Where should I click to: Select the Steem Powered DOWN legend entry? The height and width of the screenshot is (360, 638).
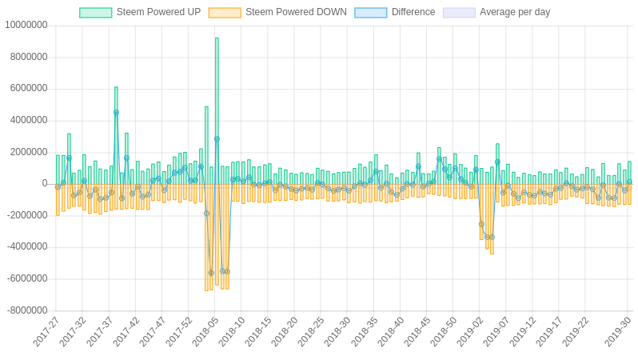tap(277, 12)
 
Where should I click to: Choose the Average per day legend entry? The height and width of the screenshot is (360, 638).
tap(496, 12)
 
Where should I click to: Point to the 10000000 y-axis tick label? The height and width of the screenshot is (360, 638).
tap(26, 25)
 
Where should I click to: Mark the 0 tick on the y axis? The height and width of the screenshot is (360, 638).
tap(45, 183)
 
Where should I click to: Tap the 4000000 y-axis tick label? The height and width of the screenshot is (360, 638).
tap(29, 120)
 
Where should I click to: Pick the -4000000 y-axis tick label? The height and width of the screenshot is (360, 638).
tap(28, 246)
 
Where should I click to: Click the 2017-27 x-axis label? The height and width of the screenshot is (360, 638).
tap(47, 332)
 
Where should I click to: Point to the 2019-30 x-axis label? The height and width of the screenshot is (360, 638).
tap(618, 332)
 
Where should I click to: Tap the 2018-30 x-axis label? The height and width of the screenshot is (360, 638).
tap(338, 332)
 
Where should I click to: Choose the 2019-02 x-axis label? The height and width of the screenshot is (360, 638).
tap(470, 332)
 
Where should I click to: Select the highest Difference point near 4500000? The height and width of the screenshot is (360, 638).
tap(116, 113)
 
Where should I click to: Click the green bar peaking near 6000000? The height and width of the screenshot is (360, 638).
tap(116, 136)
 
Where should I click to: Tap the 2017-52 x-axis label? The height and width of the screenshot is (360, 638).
tap(180, 332)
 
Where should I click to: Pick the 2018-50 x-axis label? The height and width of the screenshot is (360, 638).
tap(444, 332)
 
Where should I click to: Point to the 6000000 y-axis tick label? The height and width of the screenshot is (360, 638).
tap(29, 88)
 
